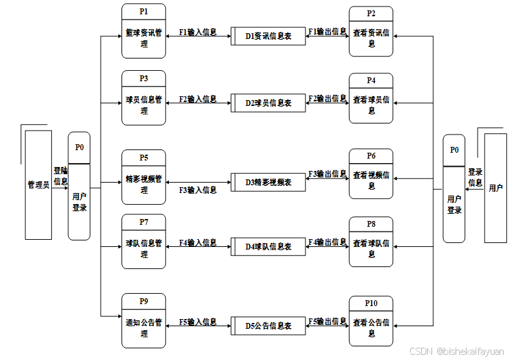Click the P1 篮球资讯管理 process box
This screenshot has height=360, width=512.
pos(144,31)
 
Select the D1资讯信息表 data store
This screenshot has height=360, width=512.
pos(268,36)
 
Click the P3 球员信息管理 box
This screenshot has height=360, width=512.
pos(144,97)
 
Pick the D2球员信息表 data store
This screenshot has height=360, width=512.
pos(268,103)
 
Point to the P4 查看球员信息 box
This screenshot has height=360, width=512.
pos(371,98)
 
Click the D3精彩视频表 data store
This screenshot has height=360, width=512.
pos(268,182)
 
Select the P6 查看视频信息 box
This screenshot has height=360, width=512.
pos(371,174)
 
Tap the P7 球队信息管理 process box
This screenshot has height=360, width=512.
pos(144,241)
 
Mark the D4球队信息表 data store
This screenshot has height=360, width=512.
pos(268,246)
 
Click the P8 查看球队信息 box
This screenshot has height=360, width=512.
pos(371,242)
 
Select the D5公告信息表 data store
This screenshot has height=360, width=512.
pos(268,325)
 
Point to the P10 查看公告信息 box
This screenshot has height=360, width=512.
pos(371,321)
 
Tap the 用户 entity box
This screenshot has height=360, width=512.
pos(495,188)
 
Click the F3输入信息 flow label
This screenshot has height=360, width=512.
pos(198,190)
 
